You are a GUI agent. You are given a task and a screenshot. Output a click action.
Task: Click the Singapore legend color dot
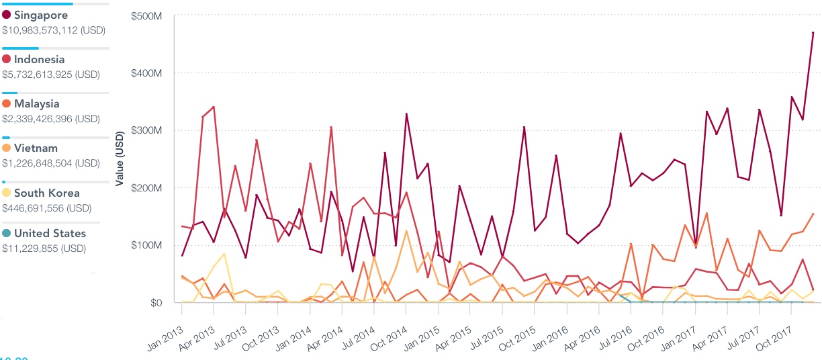coord(7,15)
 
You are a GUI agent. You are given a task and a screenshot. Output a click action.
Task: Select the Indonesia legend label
coord(39,60)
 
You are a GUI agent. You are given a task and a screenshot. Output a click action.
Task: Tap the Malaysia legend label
coord(36,104)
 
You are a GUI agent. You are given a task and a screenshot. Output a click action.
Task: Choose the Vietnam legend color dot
coord(7,148)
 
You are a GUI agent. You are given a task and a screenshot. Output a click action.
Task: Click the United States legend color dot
coord(7,234)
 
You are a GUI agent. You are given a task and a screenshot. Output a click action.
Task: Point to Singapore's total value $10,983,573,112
coord(54,30)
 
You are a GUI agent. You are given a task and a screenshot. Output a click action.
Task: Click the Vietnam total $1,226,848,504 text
coord(51,163)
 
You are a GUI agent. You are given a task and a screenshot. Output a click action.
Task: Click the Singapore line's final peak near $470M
coord(813,33)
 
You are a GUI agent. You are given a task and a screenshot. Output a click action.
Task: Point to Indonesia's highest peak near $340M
coord(214,107)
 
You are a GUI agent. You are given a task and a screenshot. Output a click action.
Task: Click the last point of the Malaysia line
coord(813,214)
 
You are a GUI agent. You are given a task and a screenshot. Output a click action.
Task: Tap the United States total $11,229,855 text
coord(44,249)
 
